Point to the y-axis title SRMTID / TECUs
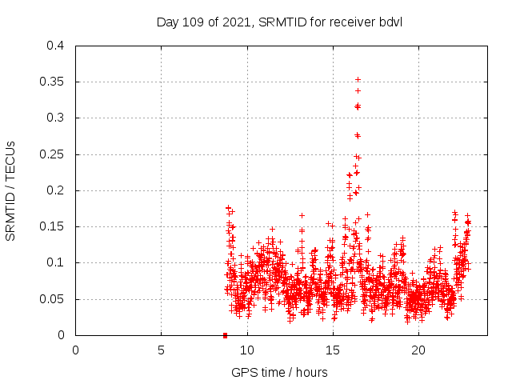coord(11,190)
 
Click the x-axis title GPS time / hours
coord(279,372)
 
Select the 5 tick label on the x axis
coord(161,350)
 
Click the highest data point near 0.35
coord(358,79)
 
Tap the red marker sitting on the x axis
coord(225,335)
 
